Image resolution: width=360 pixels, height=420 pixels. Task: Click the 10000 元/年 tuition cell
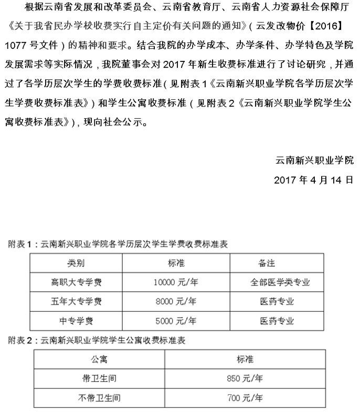click(x=175, y=282)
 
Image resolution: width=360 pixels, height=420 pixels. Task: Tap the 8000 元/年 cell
click(x=176, y=301)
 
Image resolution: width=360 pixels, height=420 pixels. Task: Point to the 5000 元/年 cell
click(x=176, y=320)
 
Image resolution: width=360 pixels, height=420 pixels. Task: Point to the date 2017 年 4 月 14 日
click(x=314, y=180)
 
